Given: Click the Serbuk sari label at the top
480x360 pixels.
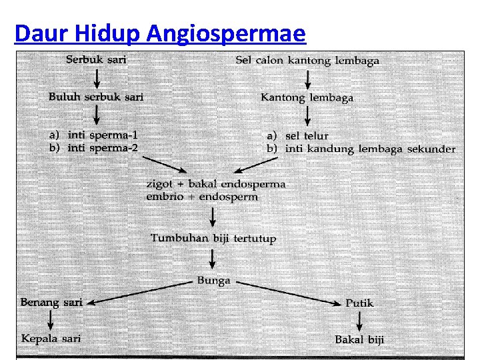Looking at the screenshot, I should (96, 59).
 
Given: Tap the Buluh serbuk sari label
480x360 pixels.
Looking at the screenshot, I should (96, 97).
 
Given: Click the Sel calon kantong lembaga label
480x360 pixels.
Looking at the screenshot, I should (307, 60).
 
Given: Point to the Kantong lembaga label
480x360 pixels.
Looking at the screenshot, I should (307, 97).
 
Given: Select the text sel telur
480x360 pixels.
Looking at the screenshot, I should (307, 136).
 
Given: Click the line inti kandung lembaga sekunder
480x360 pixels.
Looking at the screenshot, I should (370, 149).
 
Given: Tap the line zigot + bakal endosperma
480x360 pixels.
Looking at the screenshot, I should (215, 183).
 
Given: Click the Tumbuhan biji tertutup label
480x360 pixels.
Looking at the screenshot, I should (213, 238).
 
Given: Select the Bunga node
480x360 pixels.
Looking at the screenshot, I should (213, 281).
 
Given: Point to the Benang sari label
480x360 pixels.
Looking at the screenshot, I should (51, 303).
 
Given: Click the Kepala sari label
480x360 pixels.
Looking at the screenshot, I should (51, 339).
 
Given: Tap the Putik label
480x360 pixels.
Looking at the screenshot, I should (359, 303).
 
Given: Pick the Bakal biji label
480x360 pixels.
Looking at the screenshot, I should (359, 339).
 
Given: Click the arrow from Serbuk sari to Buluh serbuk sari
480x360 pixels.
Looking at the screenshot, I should (97, 78).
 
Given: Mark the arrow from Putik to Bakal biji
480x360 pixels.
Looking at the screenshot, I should (359, 321).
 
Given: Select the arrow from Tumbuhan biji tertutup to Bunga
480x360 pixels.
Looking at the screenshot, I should (213, 259).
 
